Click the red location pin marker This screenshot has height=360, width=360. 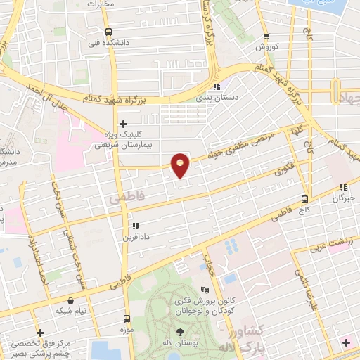pyautogui.click(x=181, y=165)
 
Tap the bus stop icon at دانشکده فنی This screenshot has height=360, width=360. pyautogui.click(x=108, y=32)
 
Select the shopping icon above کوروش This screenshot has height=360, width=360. pyautogui.click(x=266, y=37)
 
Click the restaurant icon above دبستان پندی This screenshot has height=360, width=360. pyautogui.click(x=217, y=86)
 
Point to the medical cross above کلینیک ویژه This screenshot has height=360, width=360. pyautogui.click(x=122, y=124)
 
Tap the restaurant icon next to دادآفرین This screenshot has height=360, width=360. pyautogui.click(x=136, y=226)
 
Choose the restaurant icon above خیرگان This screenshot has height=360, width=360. pyautogui.click(x=343, y=187)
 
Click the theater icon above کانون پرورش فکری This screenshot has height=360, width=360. pyautogui.click(x=205, y=290)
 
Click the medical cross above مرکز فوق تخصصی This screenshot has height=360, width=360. pyautogui.click(x=40, y=333)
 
